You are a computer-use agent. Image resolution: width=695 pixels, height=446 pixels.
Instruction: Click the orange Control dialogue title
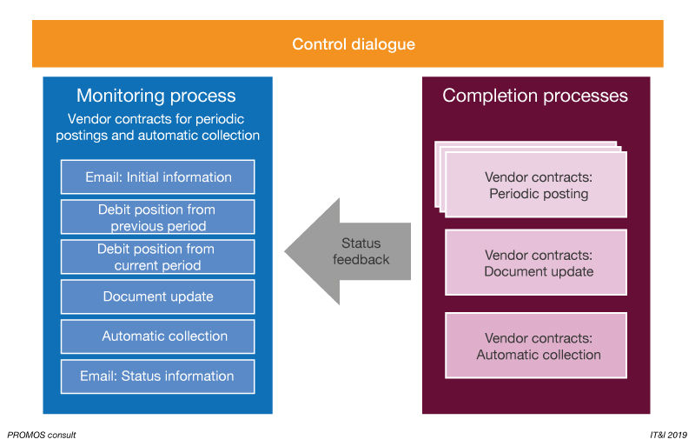point(353,44)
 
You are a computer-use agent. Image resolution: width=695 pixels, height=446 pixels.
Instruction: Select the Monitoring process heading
point(156,96)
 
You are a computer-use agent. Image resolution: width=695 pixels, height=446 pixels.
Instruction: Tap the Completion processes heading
point(535,96)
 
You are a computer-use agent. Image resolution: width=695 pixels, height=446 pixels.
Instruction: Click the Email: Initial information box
point(158,177)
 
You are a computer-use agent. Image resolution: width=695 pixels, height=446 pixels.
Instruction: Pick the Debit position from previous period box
point(158,217)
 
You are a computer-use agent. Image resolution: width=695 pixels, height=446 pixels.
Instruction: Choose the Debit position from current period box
point(158,256)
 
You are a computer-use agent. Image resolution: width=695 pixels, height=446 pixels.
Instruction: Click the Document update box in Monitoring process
point(158,296)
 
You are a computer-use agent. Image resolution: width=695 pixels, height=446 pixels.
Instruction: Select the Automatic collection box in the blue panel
point(158,336)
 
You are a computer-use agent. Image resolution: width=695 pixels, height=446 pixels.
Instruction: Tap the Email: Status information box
point(158,376)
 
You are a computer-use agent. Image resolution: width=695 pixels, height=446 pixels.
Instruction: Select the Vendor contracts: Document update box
point(536,263)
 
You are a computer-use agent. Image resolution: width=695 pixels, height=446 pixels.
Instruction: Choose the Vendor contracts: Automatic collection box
point(536,346)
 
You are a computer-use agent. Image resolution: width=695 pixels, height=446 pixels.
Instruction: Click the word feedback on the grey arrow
point(361,259)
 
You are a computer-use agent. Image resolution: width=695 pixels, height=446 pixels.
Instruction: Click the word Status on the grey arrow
point(361,243)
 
